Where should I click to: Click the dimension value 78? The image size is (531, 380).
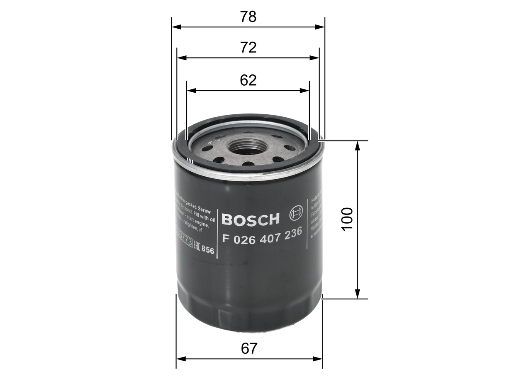click(x=248, y=17)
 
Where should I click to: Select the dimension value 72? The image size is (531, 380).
click(x=248, y=48)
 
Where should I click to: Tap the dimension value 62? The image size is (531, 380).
click(x=248, y=80)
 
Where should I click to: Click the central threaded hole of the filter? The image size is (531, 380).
click(x=247, y=146)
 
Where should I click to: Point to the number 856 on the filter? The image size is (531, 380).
click(x=208, y=249)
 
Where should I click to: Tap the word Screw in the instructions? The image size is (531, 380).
click(x=205, y=212)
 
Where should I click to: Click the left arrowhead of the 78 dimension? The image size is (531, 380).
click(x=175, y=27)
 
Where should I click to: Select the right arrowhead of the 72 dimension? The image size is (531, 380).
click(x=316, y=58)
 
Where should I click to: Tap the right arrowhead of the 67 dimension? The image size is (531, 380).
click(x=319, y=358)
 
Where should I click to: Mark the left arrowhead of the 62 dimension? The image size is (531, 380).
click(x=190, y=90)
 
